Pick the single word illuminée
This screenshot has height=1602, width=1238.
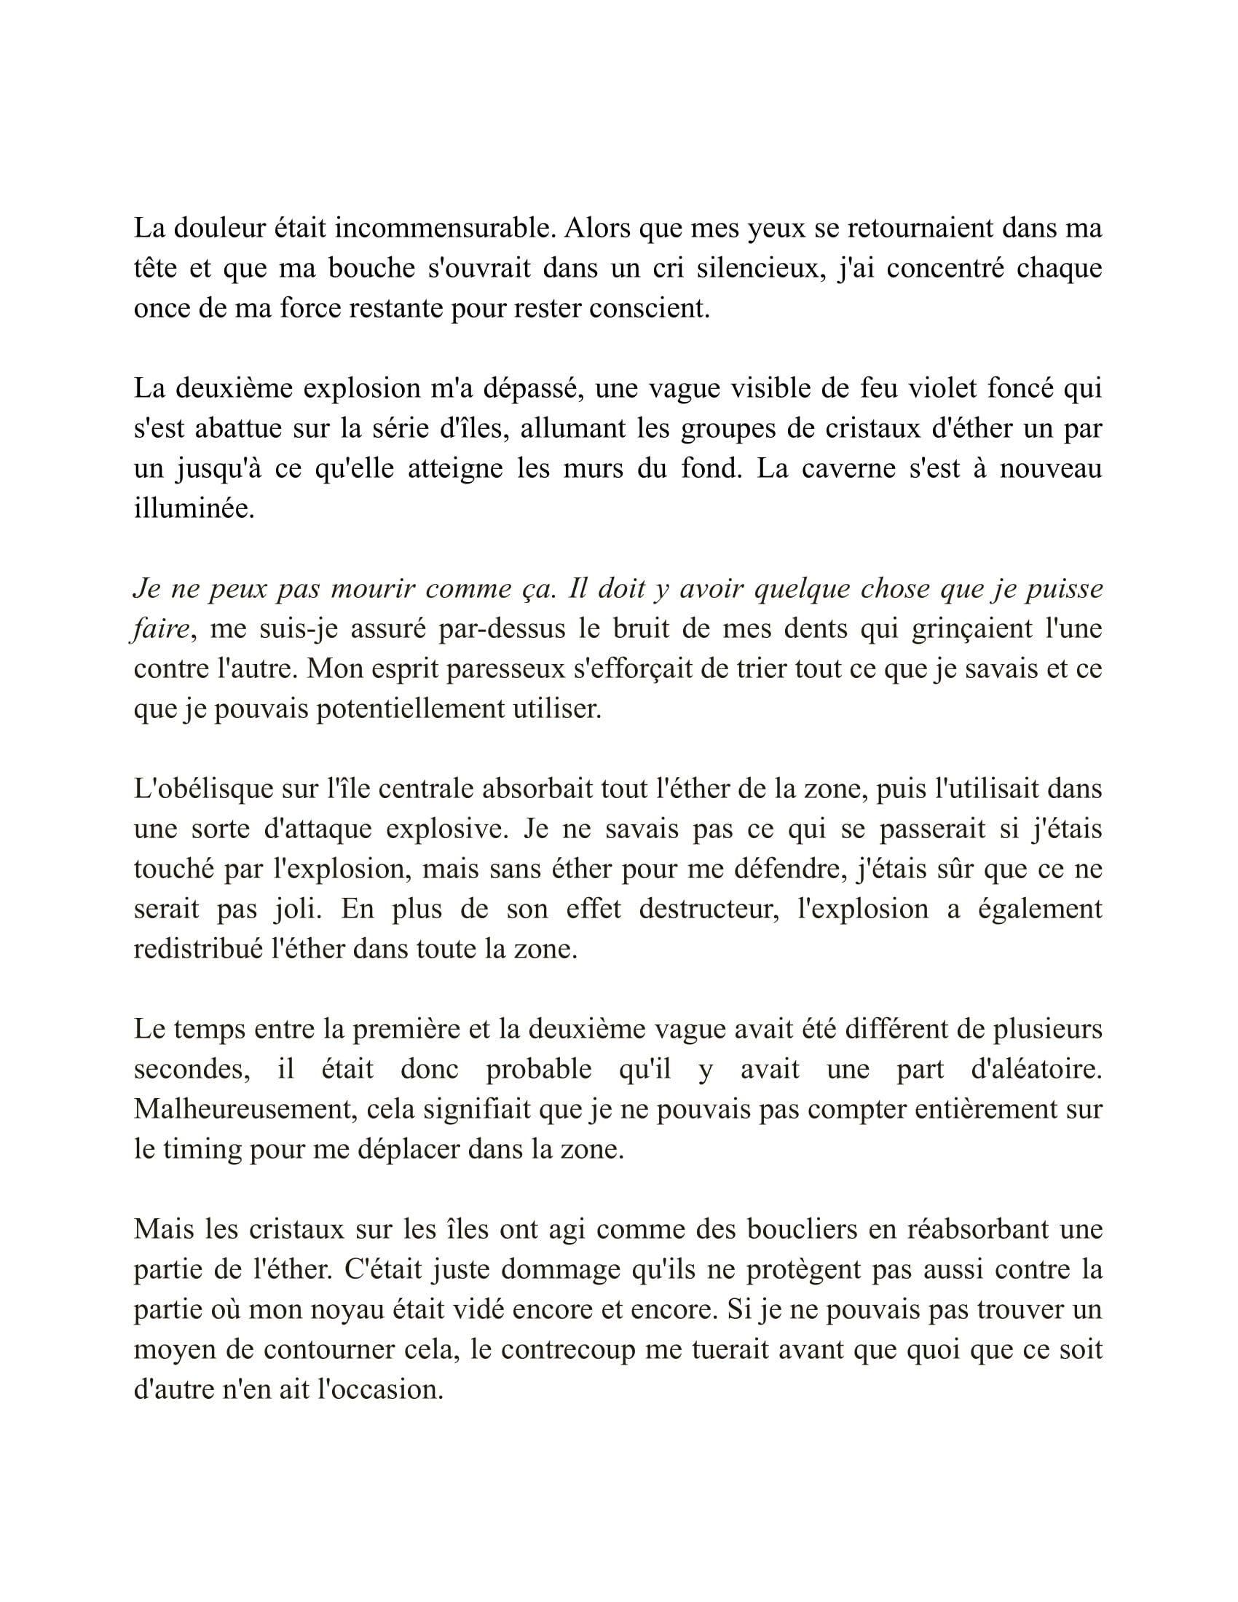194,508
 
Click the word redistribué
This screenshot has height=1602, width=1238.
197,949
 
